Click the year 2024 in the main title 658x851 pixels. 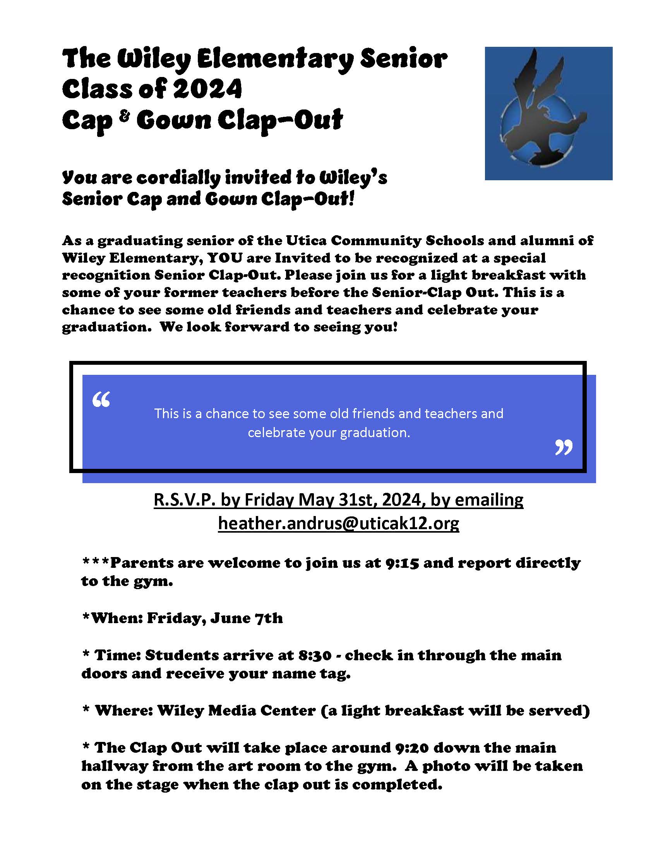(x=207, y=89)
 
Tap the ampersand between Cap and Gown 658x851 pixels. (x=124, y=116)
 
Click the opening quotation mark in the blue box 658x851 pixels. (x=101, y=400)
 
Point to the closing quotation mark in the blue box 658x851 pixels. (x=564, y=447)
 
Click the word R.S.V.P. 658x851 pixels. (x=184, y=500)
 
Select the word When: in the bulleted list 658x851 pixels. (x=117, y=619)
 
